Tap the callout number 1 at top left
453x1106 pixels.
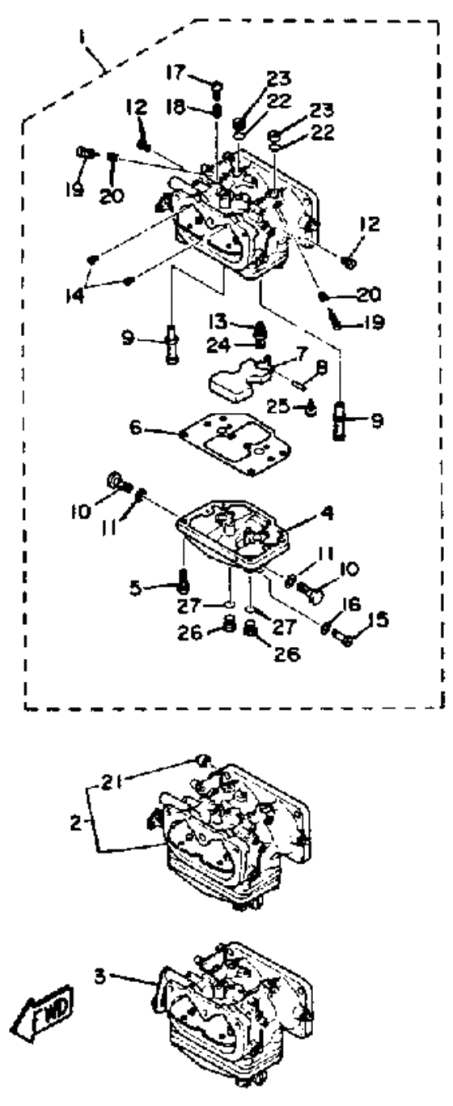coord(83,38)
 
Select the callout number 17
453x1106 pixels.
coord(176,74)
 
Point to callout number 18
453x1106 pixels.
coord(175,108)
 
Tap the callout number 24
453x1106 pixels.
coord(219,345)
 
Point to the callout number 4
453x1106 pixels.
coord(327,513)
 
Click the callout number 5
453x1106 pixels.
coord(136,588)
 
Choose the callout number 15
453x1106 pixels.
coord(378,619)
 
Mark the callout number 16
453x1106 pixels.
coord(351,604)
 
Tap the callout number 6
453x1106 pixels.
coord(135,427)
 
